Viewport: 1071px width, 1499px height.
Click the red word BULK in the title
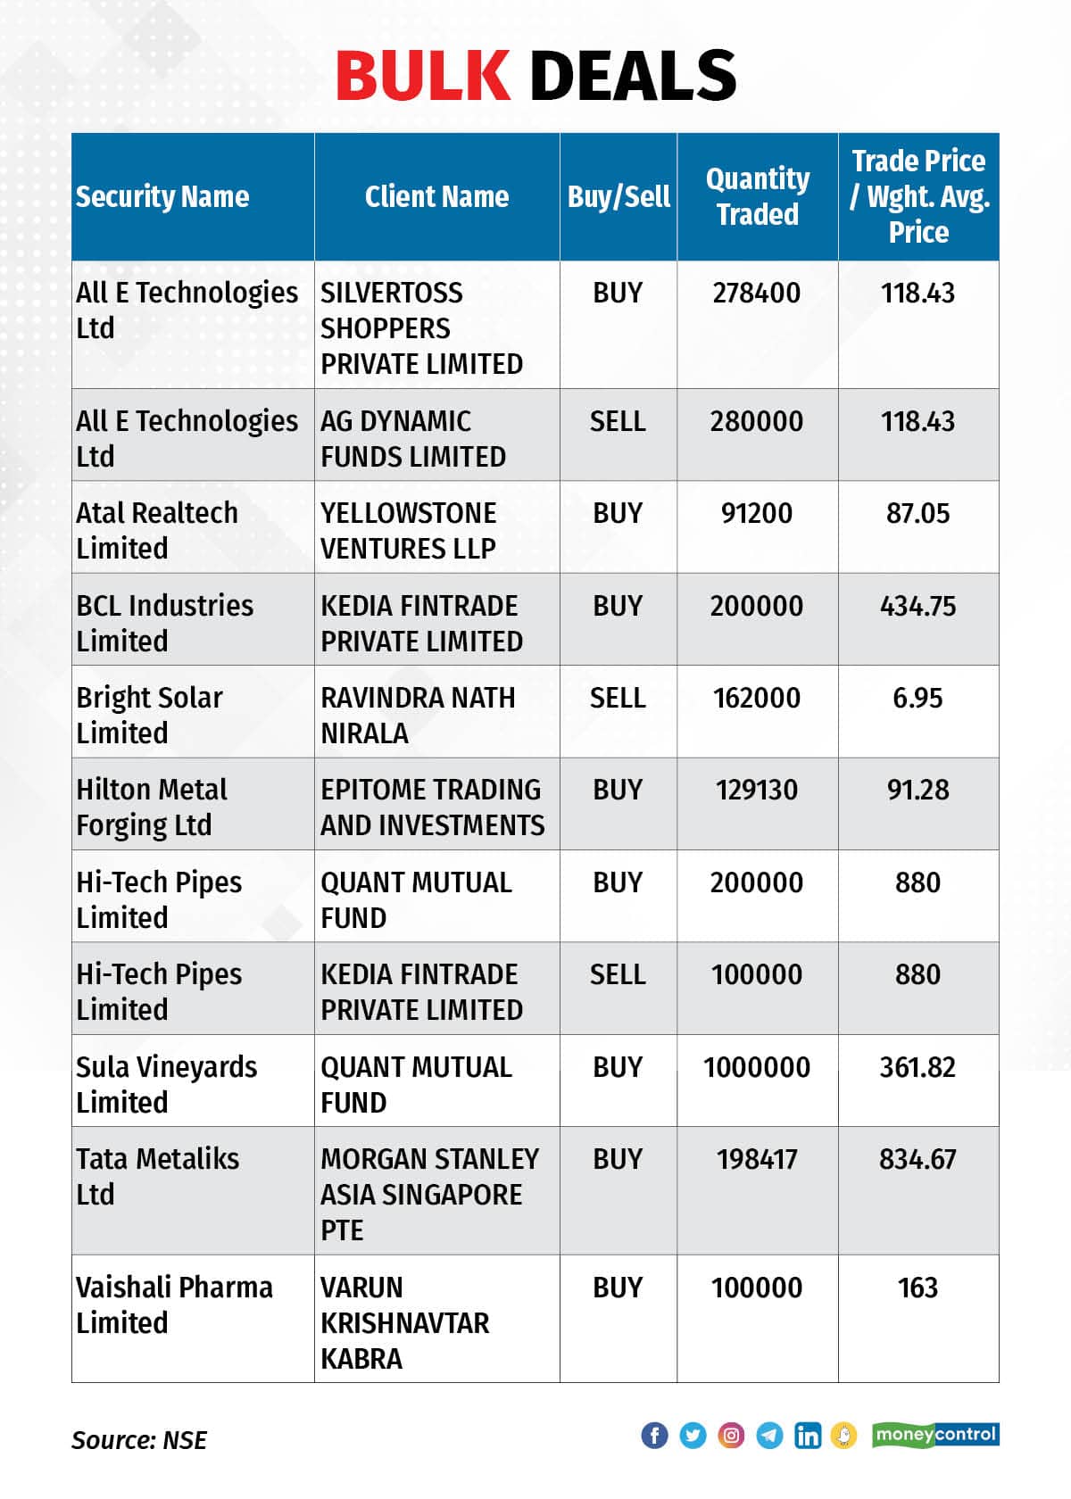tap(422, 76)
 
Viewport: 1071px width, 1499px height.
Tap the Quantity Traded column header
tap(758, 196)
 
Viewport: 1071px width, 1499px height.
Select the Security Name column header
tap(162, 196)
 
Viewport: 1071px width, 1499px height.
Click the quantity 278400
tap(757, 293)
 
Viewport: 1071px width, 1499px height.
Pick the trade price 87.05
tap(917, 513)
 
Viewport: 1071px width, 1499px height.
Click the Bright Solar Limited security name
tap(149, 716)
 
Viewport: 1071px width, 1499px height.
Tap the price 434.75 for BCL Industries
tap(917, 606)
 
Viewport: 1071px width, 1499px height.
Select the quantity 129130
tap(757, 791)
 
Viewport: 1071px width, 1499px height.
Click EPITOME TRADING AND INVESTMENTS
tap(432, 807)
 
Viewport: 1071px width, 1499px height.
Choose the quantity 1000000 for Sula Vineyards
tap(757, 1067)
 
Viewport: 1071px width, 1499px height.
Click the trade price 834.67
tap(917, 1160)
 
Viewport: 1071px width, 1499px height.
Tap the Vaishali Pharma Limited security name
tap(174, 1304)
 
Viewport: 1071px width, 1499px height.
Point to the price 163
tap(917, 1288)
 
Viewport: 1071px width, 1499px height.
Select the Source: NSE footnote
tap(139, 1440)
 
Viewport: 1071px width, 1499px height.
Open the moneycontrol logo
tap(935, 1435)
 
